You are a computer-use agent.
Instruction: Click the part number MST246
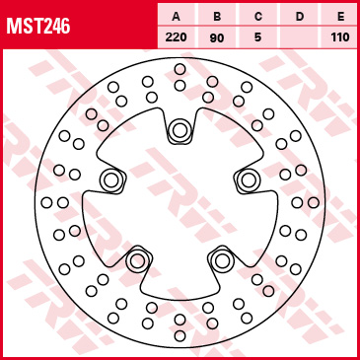click(38, 26)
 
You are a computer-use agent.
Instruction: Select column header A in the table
click(177, 17)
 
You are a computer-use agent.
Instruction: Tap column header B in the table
click(217, 17)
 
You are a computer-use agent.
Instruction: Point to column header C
click(258, 17)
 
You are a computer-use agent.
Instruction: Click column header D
click(300, 17)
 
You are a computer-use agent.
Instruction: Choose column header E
click(340, 17)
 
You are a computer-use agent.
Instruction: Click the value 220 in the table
click(177, 37)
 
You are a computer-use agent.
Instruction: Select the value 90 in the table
click(217, 37)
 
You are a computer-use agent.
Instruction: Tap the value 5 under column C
click(257, 37)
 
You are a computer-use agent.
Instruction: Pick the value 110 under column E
click(340, 37)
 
